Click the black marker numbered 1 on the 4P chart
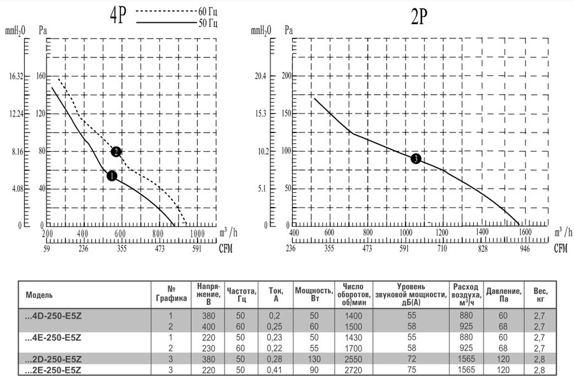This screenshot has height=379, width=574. point(112,176)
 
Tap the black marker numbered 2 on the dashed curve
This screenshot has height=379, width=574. point(116,152)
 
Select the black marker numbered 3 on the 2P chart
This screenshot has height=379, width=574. point(416,159)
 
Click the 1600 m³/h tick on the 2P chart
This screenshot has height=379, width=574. point(525,234)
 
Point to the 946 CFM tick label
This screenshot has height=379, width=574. point(525,249)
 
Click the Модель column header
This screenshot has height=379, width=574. point(40,296)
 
